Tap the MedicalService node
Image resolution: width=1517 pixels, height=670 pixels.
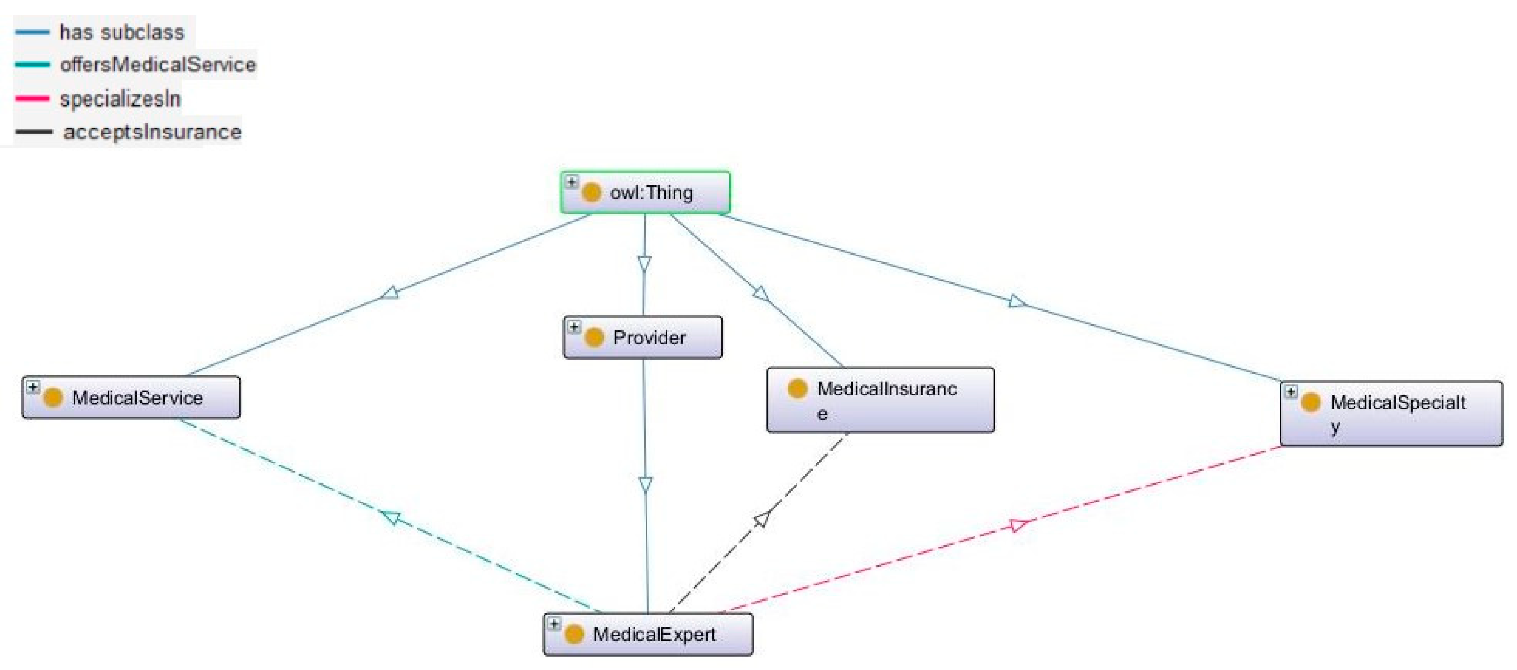pyautogui.click(x=131, y=397)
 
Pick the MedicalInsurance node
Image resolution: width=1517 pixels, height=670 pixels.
pyautogui.click(x=880, y=400)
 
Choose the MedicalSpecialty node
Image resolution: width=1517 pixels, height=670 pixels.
pyautogui.click(x=1390, y=413)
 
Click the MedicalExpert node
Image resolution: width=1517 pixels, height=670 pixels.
pyautogui.click(x=648, y=634)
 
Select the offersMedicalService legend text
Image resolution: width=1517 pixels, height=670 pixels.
pyautogui.click(x=158, y=64)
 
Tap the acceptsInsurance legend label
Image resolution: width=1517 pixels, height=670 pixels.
pyautogui.click(x=152, y=131)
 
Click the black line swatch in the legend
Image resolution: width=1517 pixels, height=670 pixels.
pyautogui.click(x=33, y=131)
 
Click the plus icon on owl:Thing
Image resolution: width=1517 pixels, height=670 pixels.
pyautogui.click(x=571, y=181)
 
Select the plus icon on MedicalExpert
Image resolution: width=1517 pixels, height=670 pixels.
pyautogui.click(x=553, y=623)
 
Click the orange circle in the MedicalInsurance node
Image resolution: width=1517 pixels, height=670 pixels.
pyautogui.click(x=797, y=389)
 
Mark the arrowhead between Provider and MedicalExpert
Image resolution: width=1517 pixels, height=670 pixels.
pyautogui.click(x=646, y=484)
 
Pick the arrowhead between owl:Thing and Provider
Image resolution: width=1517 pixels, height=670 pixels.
pyautogui.click(x=644, y=263)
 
